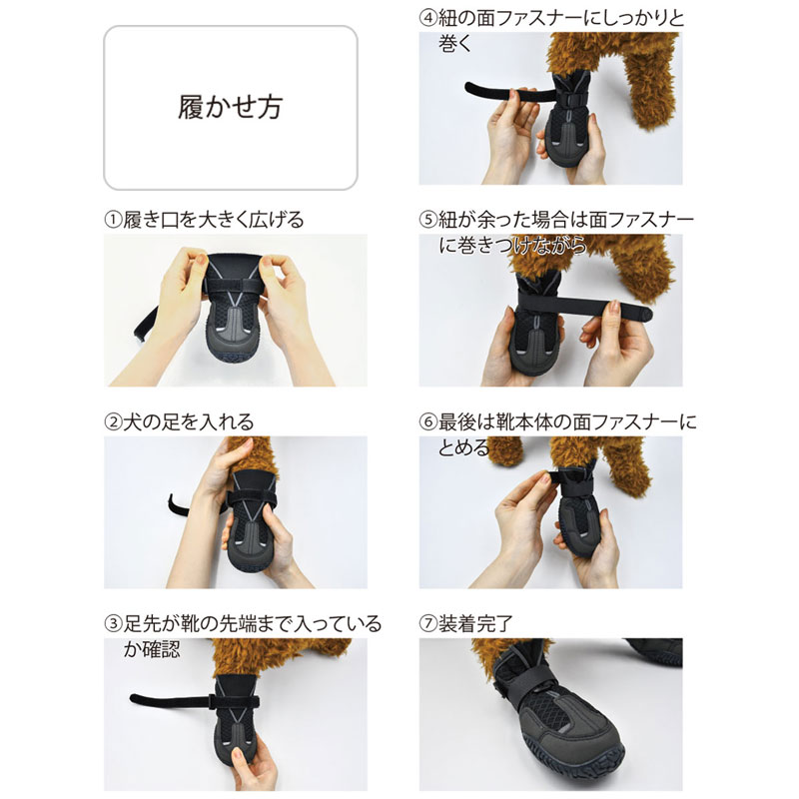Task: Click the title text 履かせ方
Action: [230, 108]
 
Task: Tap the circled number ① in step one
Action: [113, 220]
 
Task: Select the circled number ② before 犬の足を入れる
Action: [113, 421]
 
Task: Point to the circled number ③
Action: [113, 623]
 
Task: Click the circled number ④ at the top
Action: [428, 18]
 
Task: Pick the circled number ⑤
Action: [428, 220]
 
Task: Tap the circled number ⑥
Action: [428, 421]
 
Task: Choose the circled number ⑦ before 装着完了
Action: [428, 623]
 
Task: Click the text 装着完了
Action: [475, 623]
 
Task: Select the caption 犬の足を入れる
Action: [188, 421]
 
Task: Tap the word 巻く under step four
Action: [455, 43]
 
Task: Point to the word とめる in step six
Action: [463, 447]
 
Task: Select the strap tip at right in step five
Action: [646, 313]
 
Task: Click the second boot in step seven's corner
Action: [657, 651]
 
